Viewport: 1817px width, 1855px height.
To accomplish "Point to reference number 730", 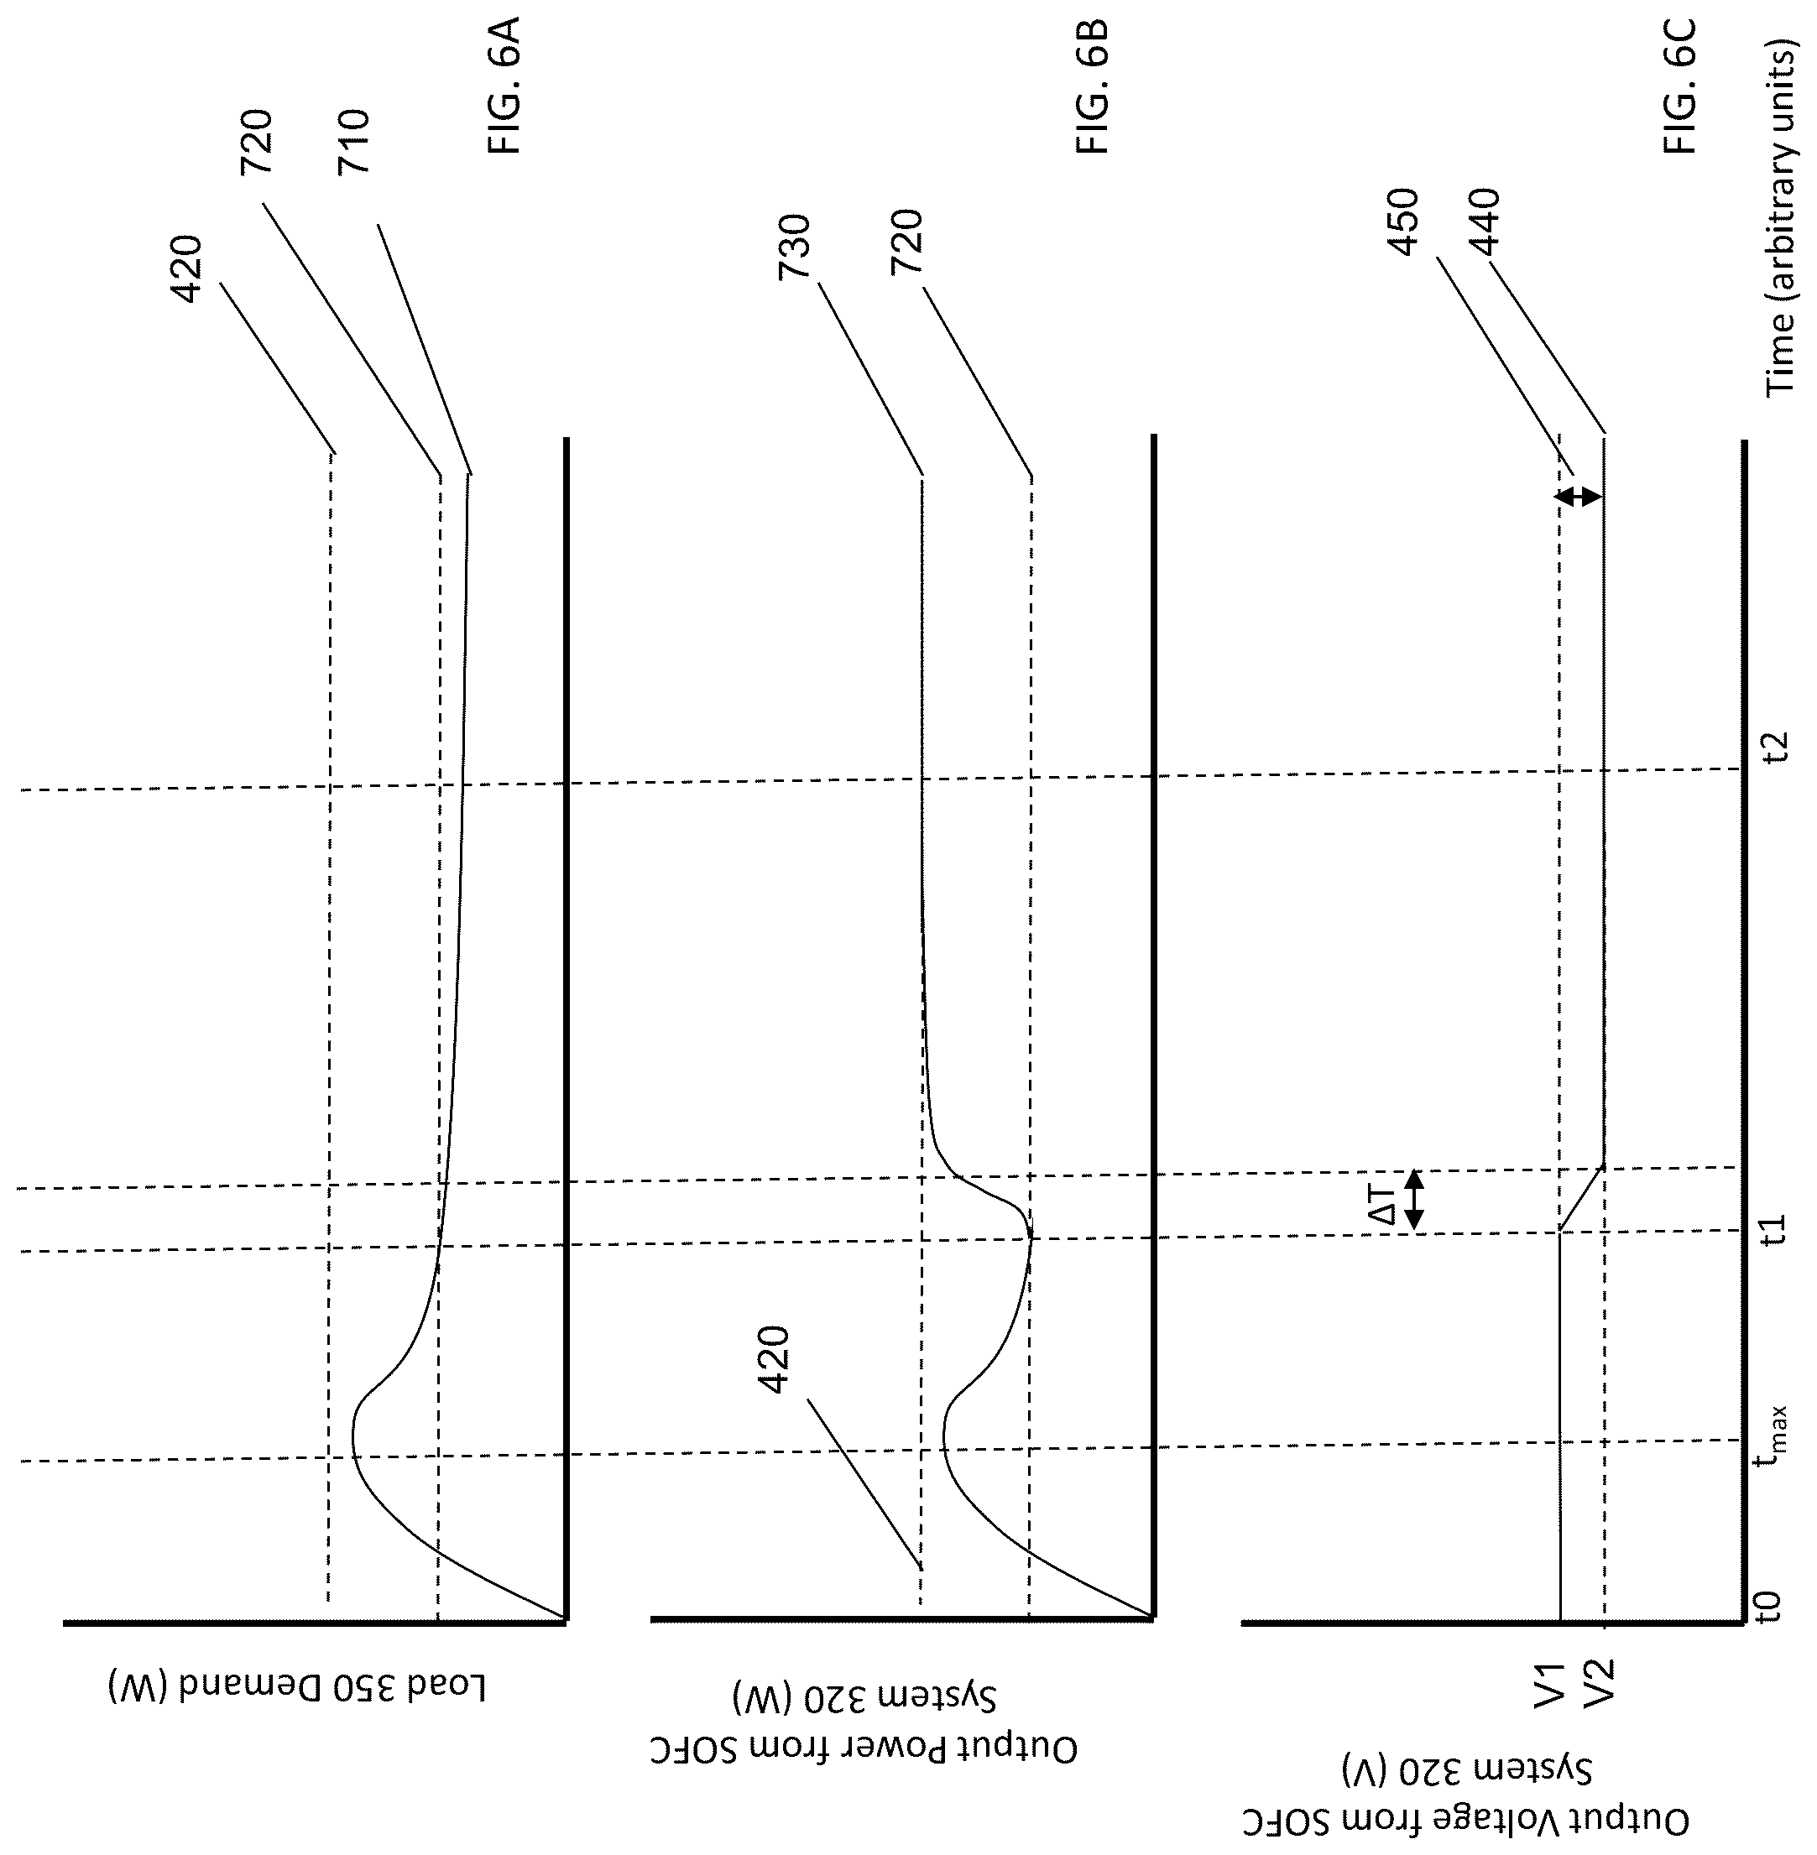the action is pos(795,246).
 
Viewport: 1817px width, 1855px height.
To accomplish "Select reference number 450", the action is pos(1404,222).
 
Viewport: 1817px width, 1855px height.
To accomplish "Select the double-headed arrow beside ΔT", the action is pos(1414,1199).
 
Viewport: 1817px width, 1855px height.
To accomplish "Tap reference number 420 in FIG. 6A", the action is pos(186,269).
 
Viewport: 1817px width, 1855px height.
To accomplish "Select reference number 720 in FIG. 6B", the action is pos(906,242).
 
